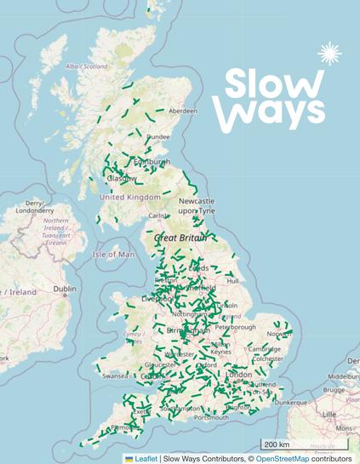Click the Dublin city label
click(65, 289)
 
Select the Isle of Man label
click(114, 254)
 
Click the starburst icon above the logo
click(329, 54)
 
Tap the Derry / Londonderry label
click(34, 207)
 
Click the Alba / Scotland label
click(88, 66)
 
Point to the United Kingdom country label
click(130, 198)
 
